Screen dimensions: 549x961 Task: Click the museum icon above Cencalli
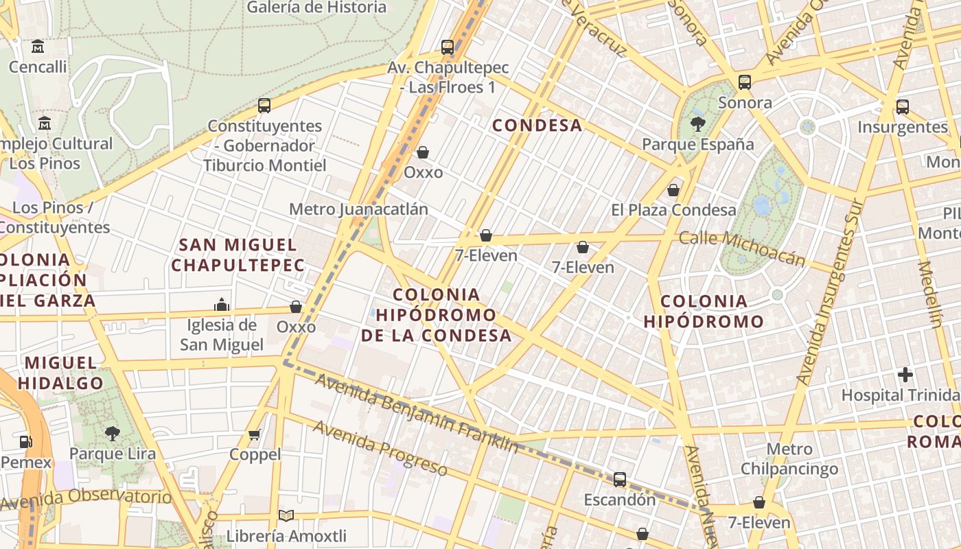tap(38, 47)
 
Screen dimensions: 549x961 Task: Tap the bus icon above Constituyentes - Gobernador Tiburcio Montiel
tap(264, 106)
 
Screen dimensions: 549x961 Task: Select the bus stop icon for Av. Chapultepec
tap(448, 47)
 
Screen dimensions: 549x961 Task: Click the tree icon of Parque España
tap(697, 124)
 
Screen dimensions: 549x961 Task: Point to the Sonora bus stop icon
tap(745, 82)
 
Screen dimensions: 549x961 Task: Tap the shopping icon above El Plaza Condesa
tap(673, 190)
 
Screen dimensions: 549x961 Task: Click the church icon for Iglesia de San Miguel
tap(222, 304)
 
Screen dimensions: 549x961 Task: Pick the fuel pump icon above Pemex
tap(26, 442)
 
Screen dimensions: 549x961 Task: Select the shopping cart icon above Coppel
tap(255, 434)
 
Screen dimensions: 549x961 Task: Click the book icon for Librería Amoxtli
tap(286, 515)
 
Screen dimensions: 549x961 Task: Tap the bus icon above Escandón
tap(620, 479)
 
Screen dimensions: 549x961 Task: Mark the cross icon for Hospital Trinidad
tap(905, 375)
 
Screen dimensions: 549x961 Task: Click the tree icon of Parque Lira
tap(112, 433)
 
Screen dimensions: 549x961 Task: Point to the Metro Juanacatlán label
tap(358, 209)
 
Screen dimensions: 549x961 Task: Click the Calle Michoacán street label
tap(741, 248)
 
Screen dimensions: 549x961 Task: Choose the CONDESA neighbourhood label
tap(537, 126)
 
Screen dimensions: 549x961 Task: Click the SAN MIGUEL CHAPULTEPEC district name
tap(238, 255)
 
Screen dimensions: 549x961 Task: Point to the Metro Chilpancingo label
tap(789, 459)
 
